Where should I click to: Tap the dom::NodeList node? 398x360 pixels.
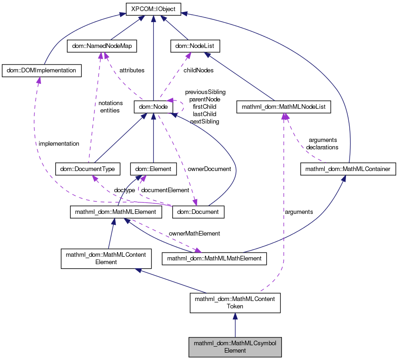point(195,46)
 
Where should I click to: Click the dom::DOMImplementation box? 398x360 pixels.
point(42,71)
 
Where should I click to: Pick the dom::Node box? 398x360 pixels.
point(153,107)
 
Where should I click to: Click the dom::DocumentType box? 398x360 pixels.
point(88,169)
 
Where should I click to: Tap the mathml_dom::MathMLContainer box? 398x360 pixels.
point(348,169)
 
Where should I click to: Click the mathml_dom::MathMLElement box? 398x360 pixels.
point(116,212)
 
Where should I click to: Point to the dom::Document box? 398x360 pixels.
point(198,212)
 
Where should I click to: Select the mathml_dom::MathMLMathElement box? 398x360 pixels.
point(214,259)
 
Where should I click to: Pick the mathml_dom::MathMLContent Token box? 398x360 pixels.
point(235,302)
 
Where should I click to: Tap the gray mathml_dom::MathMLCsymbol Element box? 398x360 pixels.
point(235,347)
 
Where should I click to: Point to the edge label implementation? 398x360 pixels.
point(59,143)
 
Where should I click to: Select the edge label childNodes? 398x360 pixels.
point(198,71)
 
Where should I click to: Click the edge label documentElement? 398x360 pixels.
point(165,190)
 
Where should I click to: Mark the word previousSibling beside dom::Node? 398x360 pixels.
point(205,92)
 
